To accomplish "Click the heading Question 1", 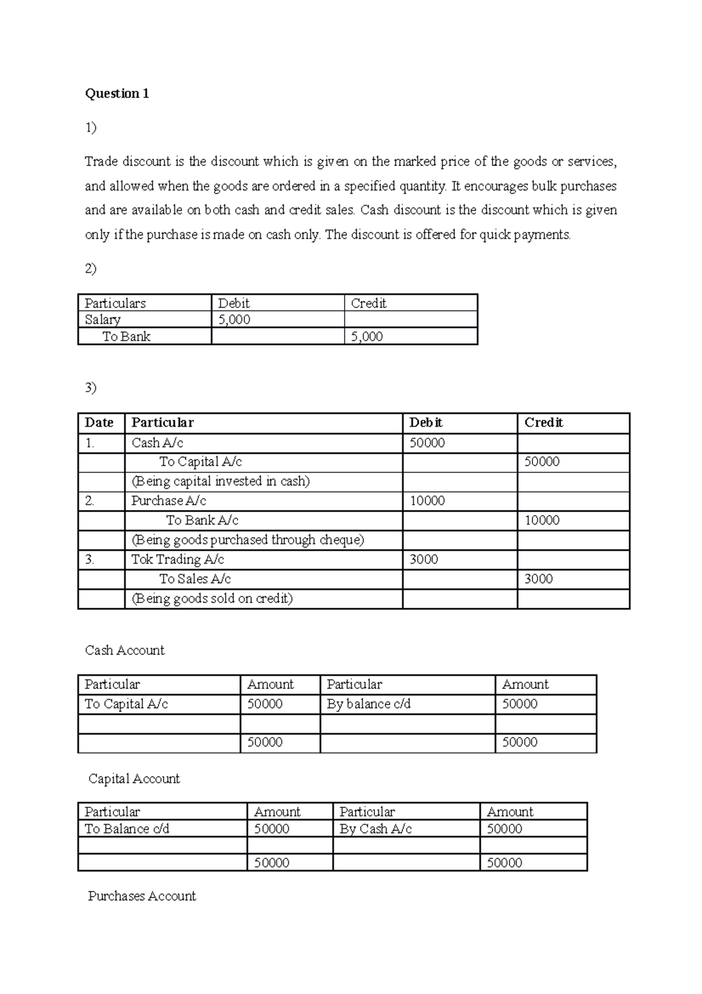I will click(x=117, y=94).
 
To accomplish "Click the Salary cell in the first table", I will click(x=103, y=320).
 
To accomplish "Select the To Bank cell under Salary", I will click(x=126, y=337).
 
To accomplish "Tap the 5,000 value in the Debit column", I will click(x=234, y=320).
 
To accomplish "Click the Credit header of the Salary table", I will click(x=369, y=303).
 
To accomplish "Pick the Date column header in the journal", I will click(x=99, y=423).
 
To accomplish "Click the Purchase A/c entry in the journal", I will click(x=168, y=501).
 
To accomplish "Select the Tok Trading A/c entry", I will click(x=177, y=560).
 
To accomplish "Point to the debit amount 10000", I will click(x=427, y=501).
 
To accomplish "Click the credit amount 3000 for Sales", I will click(x=538, y=579).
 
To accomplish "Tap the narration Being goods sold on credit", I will click(x=212, y=599).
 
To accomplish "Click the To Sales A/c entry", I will click(x=195, y=579).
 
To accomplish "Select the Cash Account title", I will click(x=125, y=650).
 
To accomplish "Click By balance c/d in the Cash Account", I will click(x=369, y=704).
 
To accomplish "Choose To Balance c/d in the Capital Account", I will click(x=127, y=829).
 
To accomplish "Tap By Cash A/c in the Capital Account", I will click(x=376, y=829).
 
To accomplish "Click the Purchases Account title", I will click(x=142, y=896).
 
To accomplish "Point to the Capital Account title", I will click(x=134, y=779).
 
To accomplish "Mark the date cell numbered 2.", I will click(x=90, y=501).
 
